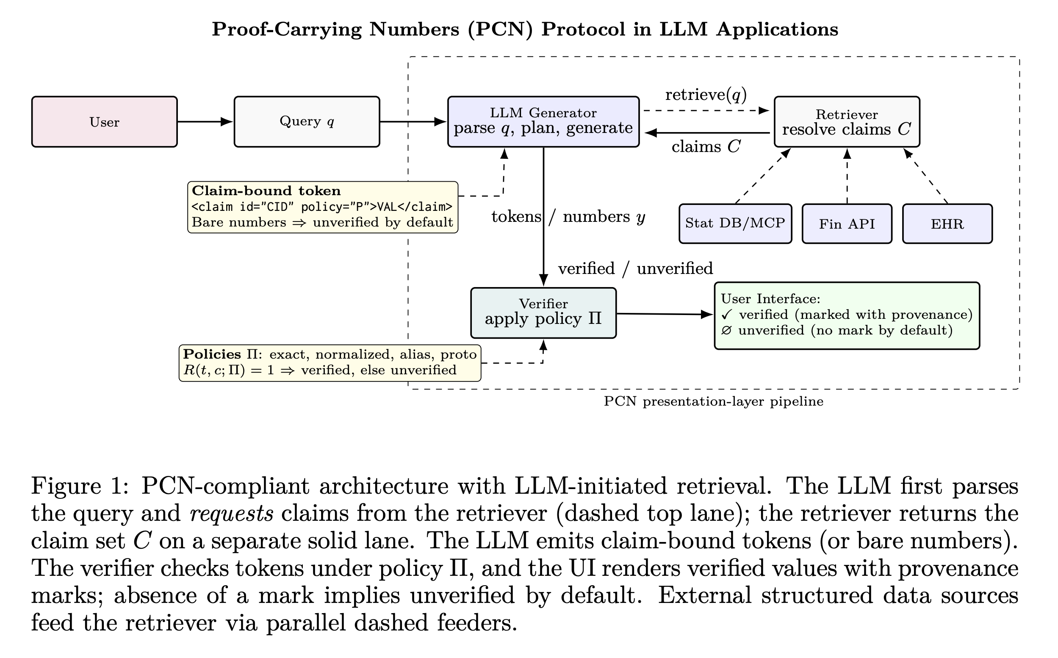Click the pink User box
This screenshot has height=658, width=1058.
click(x=104, y=122)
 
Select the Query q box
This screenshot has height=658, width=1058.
click(x=306, y=122)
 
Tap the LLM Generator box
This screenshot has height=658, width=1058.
click(x=543, y=122)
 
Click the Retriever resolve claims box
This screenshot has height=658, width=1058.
click(x=847, y=122)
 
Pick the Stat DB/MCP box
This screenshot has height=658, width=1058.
click(x=735, y=224)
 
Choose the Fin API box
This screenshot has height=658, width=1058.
click(x=847, y=224)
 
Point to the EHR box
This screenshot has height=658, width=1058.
click(x=947, y=224)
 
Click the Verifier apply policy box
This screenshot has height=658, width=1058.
click(x=543, y=312)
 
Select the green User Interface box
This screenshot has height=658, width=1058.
click(x=847, y=315)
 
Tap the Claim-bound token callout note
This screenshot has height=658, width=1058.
click(x=322, y=207)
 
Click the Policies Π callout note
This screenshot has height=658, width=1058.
click(x=330, y=362)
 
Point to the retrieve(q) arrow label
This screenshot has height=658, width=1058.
click(x=706, y=94)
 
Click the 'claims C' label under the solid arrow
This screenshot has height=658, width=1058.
click(x=706, y=147)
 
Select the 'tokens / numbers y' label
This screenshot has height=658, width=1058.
click(x=568, y=216)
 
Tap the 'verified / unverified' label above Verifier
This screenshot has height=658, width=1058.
click(x=635, y=268)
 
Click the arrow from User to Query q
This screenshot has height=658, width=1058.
click(x=205, y=122)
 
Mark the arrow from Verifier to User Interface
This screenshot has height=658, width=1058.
click(x=664, y=314)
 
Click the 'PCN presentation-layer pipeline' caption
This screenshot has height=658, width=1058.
click(x=713, y=401)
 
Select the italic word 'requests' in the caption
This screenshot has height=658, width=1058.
click(x=232, y=513)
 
